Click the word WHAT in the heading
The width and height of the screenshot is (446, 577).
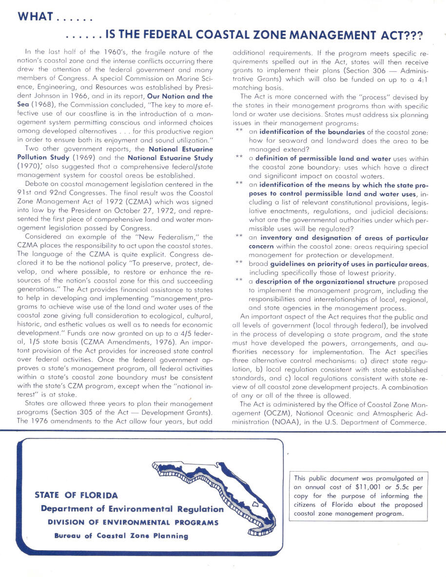[35, 17]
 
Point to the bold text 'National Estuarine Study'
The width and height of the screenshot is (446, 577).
[170, 157]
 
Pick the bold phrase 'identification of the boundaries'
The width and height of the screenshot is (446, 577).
[311, 132]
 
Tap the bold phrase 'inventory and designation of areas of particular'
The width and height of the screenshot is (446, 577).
[343, 238]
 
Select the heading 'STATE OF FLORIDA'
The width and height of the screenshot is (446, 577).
[76, 495]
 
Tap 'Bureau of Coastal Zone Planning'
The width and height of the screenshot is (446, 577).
[121, 536]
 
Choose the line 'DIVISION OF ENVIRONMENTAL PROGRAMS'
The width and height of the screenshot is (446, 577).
[133, 522]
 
